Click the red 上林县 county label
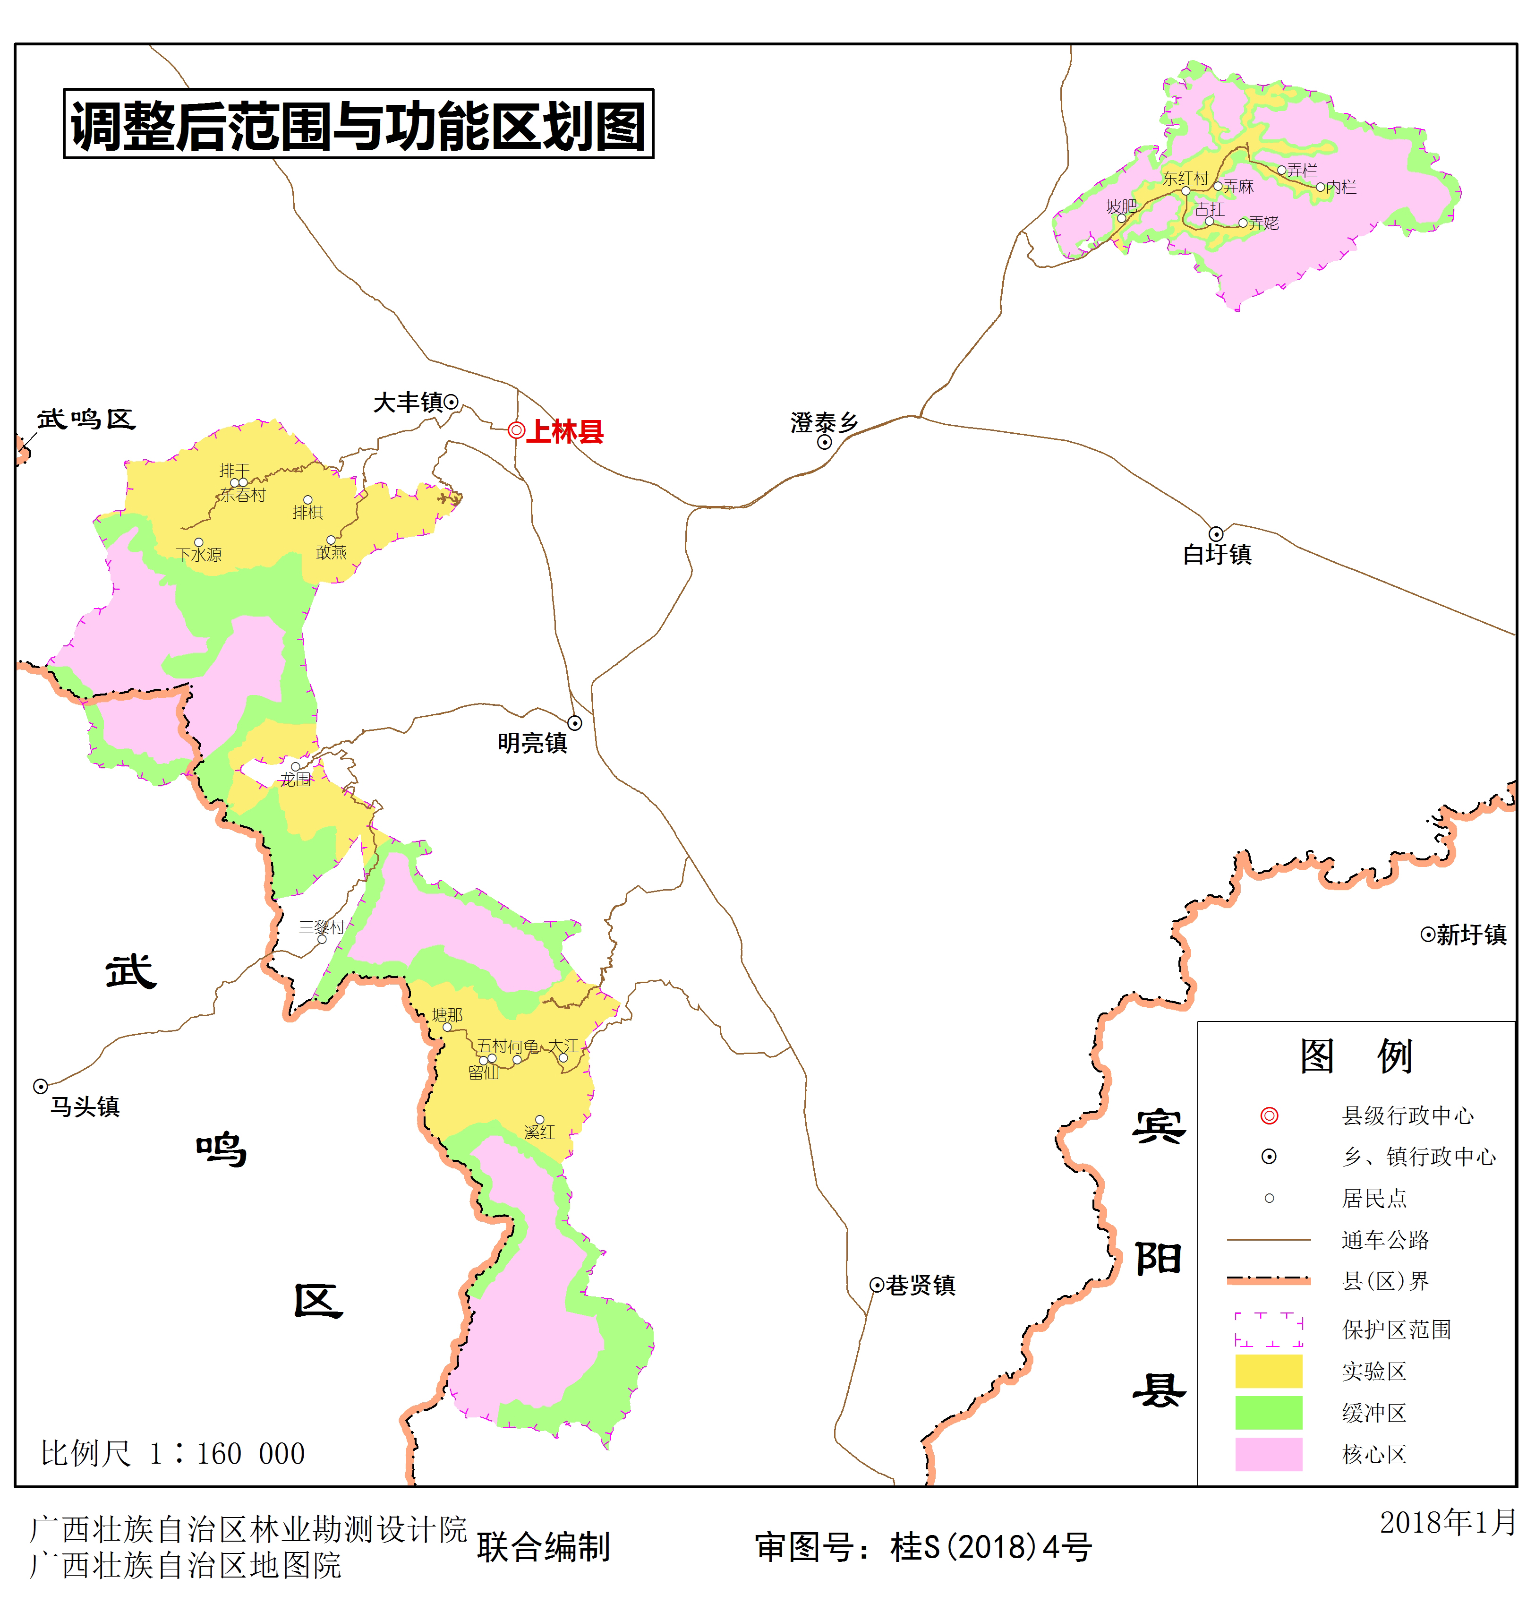[564, 431]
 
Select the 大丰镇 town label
[408, 403]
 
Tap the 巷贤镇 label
[921, 1285]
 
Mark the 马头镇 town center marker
[40, 1087]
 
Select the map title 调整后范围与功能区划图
[358, 124]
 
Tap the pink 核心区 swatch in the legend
[1268, 1455]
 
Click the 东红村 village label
[1185, 179]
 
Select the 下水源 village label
[199, 555]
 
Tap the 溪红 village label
[539, 1132]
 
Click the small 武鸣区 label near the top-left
[86, 420]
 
